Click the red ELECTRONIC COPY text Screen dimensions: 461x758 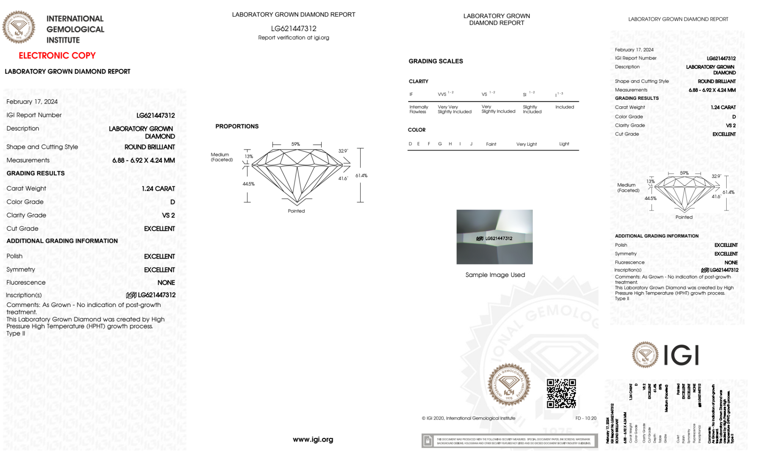click(57, 55)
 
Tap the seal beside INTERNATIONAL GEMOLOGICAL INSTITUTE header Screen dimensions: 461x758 click(19, 27)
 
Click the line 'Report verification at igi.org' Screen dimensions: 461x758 click(294, 38)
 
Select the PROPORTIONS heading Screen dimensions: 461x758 click(237, 126)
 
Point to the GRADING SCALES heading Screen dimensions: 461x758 click(436, 61)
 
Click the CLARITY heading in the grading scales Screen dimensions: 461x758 click(418, 82)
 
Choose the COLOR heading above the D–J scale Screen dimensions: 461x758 click(417, 130)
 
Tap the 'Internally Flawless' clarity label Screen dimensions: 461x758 click(419, 109)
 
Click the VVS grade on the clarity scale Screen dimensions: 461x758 click(442, 94)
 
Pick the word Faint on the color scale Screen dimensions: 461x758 click(491, 144)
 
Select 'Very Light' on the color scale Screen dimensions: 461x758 click(526, 144)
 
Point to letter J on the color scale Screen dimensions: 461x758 click(471, 144)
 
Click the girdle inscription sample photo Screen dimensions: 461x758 click(494, 237)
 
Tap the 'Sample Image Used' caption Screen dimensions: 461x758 click(495, 275)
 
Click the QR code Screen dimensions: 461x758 click(561, 393)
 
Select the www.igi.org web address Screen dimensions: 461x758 click(313, 439)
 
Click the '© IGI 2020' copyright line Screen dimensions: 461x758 click(469, 418)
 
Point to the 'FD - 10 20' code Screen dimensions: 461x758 click(586, 418)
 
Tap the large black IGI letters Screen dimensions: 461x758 click(681, 356)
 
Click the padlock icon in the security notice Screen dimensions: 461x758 click(428, 441)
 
